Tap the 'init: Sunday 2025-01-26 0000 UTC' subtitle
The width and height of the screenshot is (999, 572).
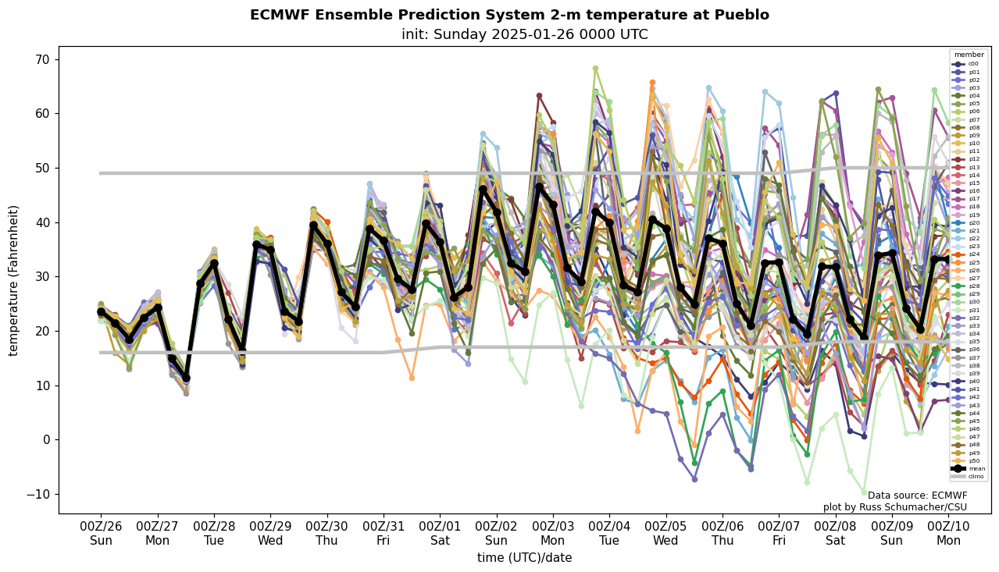524,34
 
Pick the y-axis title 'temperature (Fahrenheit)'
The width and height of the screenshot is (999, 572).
13,280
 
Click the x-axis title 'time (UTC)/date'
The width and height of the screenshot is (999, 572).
524,558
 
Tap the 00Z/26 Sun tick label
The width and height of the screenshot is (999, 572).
101,534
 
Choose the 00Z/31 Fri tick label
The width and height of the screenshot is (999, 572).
384,534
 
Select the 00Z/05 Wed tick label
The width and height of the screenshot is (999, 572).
666,534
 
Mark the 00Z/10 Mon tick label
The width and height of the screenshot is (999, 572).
948,534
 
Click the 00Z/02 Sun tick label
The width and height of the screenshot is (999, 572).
497,534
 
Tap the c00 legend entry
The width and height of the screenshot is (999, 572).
972,64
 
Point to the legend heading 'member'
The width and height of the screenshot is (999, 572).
969,55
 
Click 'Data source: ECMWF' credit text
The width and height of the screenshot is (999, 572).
917,496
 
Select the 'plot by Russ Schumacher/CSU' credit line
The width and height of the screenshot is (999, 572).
895,507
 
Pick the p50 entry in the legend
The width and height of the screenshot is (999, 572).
972,461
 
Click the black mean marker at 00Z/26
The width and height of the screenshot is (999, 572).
101,312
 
